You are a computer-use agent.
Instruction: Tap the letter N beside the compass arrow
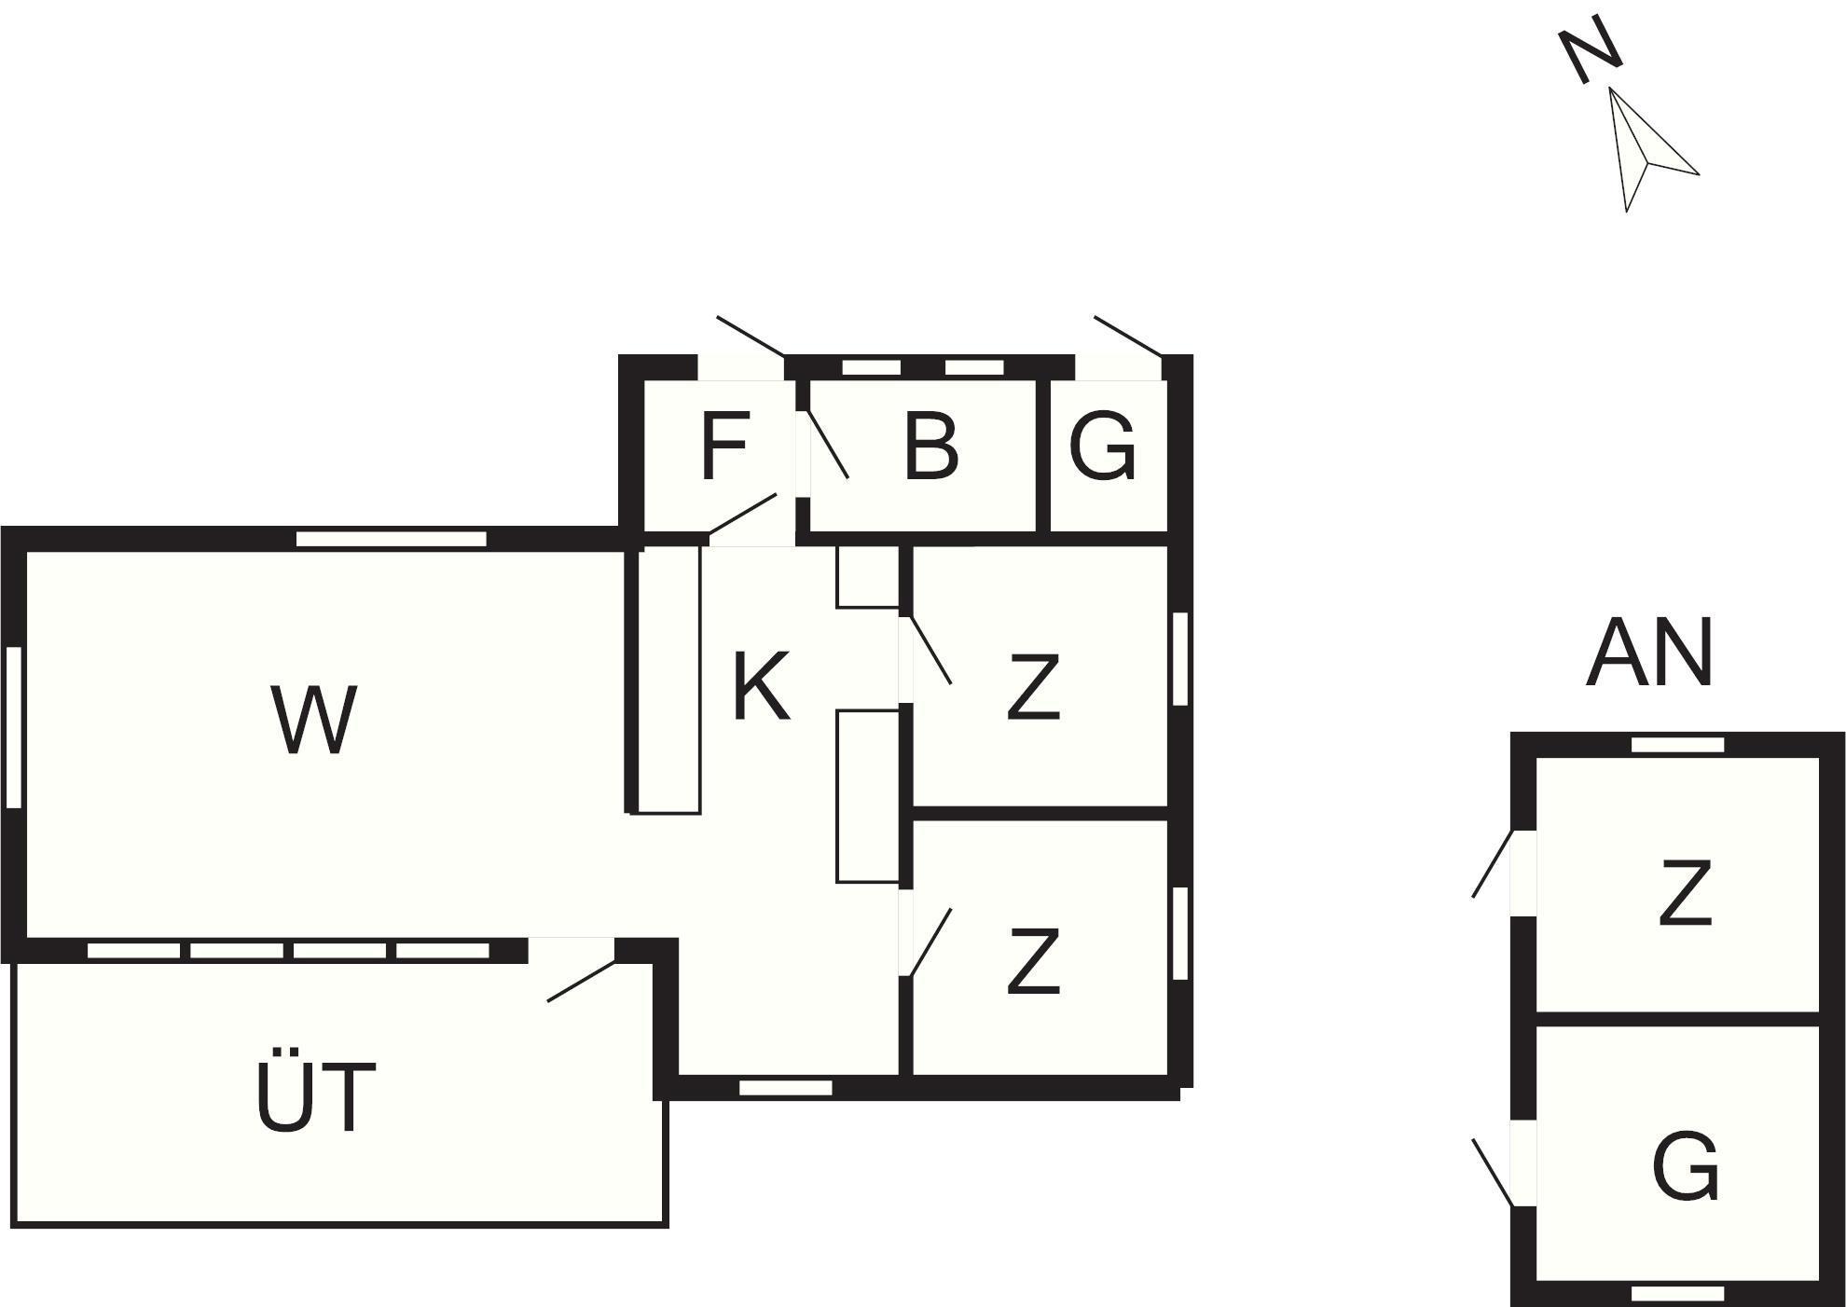1591,50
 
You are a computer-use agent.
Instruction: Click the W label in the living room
313,720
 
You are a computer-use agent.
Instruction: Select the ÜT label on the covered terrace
315,1099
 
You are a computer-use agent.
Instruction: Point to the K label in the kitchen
761,687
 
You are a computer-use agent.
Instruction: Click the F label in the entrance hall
723,447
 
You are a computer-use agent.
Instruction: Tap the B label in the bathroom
930,447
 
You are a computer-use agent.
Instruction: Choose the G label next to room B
1102,447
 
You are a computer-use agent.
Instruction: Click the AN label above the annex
1649,653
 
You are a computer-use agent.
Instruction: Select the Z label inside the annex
1685,894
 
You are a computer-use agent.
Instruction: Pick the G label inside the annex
1685,1165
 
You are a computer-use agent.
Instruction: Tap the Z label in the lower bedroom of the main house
1034,961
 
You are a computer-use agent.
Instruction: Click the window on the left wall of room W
14,727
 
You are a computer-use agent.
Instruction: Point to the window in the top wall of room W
392,539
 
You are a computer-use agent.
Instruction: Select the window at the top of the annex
1677,744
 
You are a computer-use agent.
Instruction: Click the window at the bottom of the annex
1677,1294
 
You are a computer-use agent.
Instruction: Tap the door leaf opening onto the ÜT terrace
581,981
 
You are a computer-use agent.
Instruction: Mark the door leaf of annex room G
1492,1172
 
